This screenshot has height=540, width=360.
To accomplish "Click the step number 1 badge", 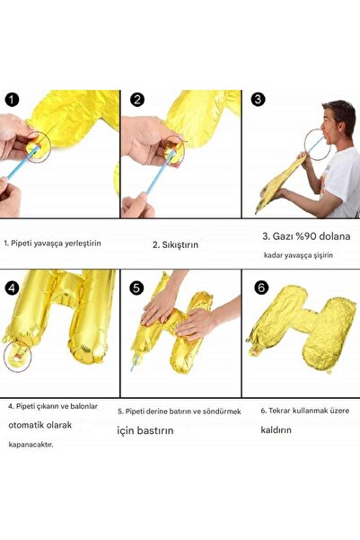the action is click(x=12, y=100).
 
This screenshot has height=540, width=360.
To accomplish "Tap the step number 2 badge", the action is click(x=137, y=100).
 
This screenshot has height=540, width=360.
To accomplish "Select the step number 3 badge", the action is click(x=259, y=99).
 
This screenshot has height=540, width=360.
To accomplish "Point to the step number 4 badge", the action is click(x=12, y=288).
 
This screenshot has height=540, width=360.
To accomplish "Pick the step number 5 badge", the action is click(x=136, y=288).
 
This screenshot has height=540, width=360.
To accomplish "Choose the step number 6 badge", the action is click(x=261, y=287).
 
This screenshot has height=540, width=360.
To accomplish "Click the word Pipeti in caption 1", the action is click(x=21, y=243).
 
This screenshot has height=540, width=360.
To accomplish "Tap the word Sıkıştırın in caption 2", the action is click(x=180, y=245).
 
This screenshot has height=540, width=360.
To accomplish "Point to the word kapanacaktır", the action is click(x=31, y=445).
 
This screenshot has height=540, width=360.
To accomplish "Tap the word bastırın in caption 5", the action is click(x=155, y=430).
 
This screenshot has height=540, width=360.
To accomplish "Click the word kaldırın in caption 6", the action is click(x=276, y=429).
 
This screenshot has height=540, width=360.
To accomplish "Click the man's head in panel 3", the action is click(x=338, y=121).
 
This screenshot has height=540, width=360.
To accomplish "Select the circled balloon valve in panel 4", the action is click(x=18, y=357).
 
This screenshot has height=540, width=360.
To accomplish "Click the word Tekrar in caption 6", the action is click(x=280, y=411).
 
